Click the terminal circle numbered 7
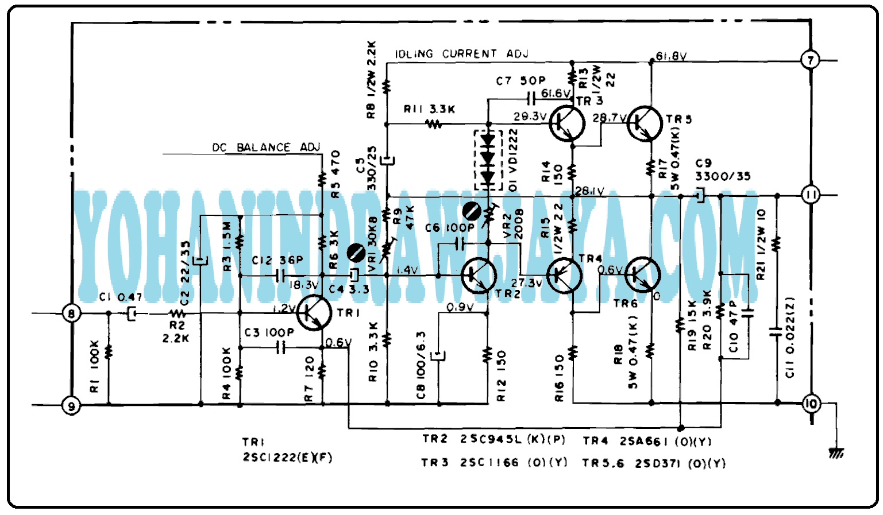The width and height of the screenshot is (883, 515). tap(810, 60)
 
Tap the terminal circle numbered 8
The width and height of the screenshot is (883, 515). tap(71, 313)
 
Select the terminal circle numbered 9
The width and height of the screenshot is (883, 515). tap(71, 406)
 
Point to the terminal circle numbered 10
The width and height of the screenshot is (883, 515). tap(811, 404)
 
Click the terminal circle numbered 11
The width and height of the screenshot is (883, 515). tap(811, 195)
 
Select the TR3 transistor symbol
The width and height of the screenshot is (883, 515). tap(566, 123)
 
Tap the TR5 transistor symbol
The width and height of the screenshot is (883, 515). tap(645, 123)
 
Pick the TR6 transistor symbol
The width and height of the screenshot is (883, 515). tap(642, 275)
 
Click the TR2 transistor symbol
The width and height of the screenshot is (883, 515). tap(479, 276)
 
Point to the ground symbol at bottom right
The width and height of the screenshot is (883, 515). tap(836, 453)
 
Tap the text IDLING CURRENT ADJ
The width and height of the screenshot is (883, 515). tap(461, 54)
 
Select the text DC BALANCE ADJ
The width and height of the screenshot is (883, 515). tap(266, 148)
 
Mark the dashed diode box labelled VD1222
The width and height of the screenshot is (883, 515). tap(488, 160)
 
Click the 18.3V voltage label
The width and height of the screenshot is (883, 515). tap(303, 285)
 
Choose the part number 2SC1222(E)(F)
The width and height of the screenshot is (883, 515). tap(287, 458)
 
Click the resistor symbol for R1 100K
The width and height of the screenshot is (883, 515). tap(109, 351)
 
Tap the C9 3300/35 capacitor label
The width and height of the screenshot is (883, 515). tap(722, 170)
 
